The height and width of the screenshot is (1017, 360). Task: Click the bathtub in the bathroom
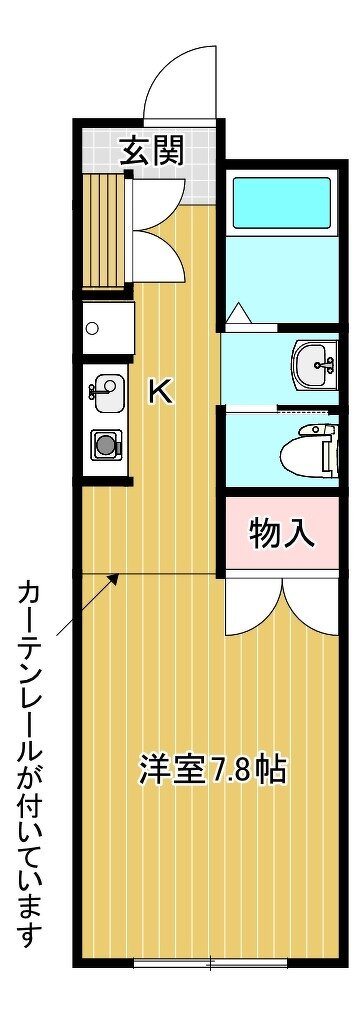pos(282,201)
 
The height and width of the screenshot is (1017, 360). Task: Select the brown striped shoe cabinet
pos(104,231)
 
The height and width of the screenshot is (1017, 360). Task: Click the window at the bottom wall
pos(211,965)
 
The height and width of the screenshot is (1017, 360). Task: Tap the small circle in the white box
pos(91,328)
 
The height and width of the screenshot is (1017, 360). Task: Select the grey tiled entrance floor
pos(171,165)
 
